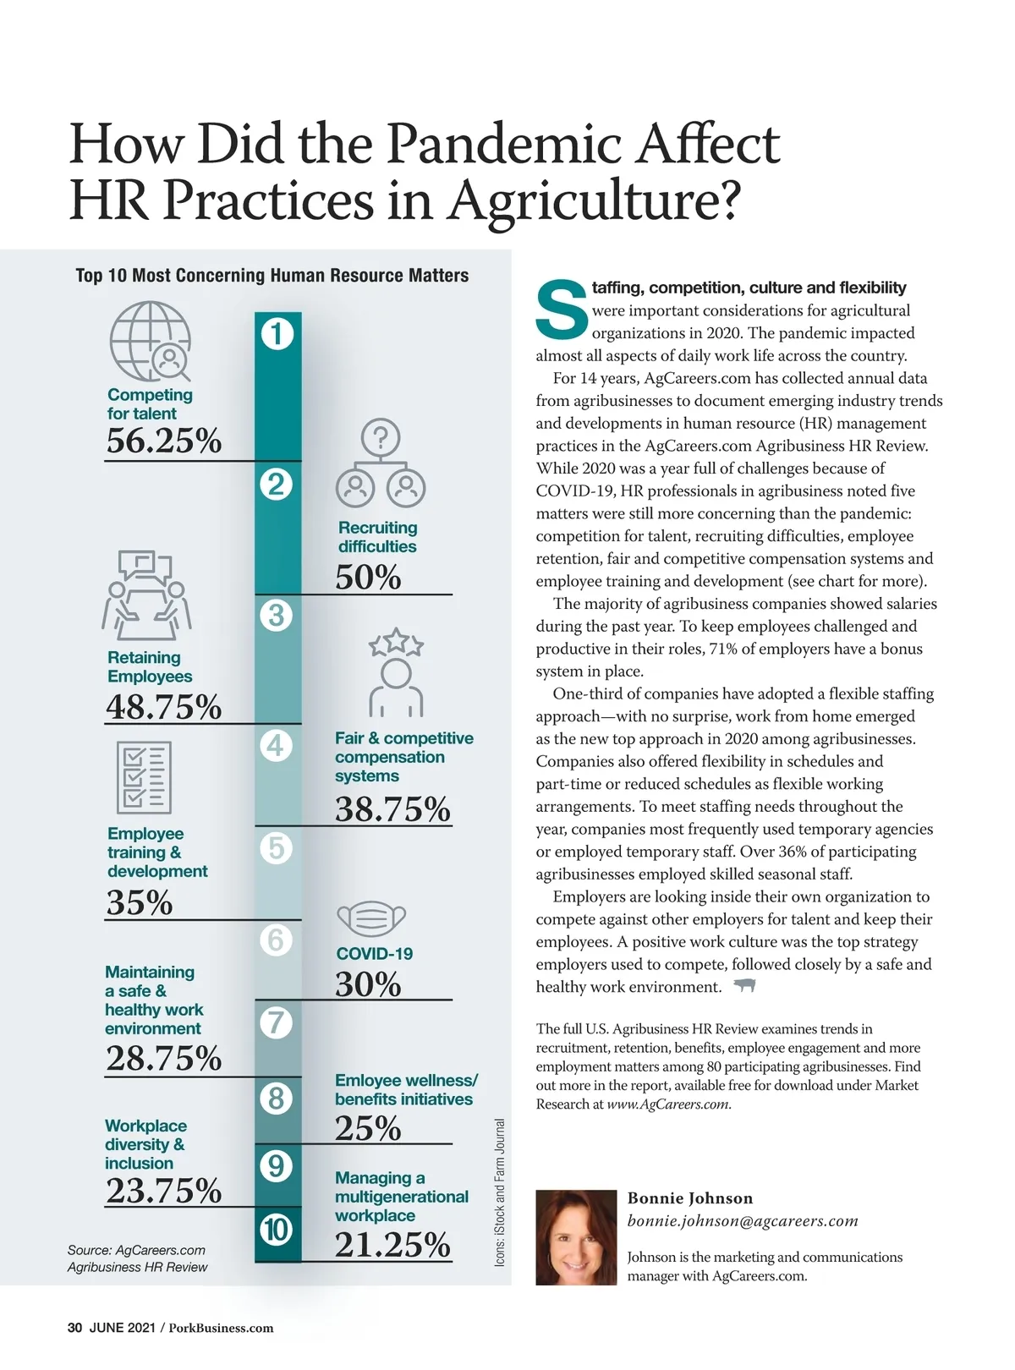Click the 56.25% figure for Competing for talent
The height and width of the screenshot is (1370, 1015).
tap(164, 441)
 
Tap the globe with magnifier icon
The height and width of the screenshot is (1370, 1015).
tap(151, 341)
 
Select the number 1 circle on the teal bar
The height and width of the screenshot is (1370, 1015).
tap(277, 333)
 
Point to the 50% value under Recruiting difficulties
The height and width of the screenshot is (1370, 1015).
tap(368, 577)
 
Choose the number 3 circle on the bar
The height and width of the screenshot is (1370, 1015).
tap(277, 615)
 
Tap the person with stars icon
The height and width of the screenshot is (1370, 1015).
tap(396, 672)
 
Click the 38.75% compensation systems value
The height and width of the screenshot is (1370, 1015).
tap(392, 809)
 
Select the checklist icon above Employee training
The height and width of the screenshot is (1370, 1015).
tap(144, 777)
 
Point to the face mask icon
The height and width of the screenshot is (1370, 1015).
tap(371, 918)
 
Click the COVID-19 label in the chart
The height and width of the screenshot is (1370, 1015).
tap(375, 954)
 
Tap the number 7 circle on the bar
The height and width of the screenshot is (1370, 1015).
tap(277, 1023)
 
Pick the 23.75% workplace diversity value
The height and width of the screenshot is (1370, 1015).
tap(164, 1190)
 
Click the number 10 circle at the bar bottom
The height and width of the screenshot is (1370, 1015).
tap(277, 1230)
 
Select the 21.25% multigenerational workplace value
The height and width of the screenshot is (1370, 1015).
tap(392, 1244)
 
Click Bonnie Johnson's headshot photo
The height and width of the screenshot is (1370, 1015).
tap(576, 1238)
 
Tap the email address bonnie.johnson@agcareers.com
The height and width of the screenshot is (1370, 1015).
tap(743, 1221)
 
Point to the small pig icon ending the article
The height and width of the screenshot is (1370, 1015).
tap(744, 985)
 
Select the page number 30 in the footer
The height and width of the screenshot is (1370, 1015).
tap(74, 1328)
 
